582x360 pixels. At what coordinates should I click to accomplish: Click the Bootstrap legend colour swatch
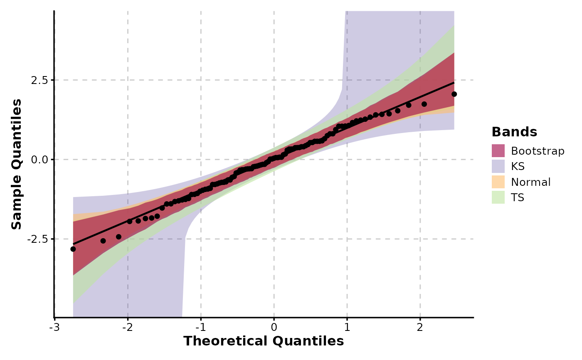click(498, 150)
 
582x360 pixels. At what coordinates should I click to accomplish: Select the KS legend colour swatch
click(498, 166)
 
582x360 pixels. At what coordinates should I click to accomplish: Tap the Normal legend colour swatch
click(498, 182)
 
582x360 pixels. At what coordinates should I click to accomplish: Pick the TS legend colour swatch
click(498, 197)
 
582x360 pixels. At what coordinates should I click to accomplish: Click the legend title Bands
click(514, 132)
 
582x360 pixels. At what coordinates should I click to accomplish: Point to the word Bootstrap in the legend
click(538, 150)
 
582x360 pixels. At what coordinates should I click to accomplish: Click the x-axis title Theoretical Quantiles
click(264, 341)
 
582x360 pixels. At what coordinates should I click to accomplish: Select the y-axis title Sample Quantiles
click(17, 164)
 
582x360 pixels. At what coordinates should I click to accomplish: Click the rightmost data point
click(454, 94)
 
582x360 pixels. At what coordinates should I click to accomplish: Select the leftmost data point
click(73, 249)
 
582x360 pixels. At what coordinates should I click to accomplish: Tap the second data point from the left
click(103, 241)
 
